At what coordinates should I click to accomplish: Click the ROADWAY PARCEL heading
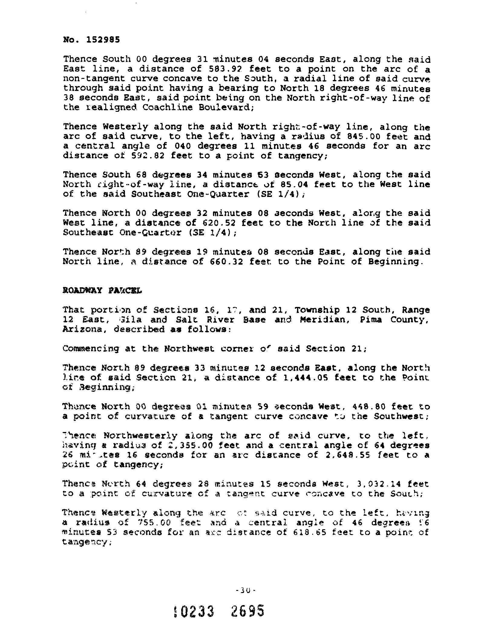point(102,291)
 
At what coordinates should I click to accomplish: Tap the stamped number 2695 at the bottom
point(247,611)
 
